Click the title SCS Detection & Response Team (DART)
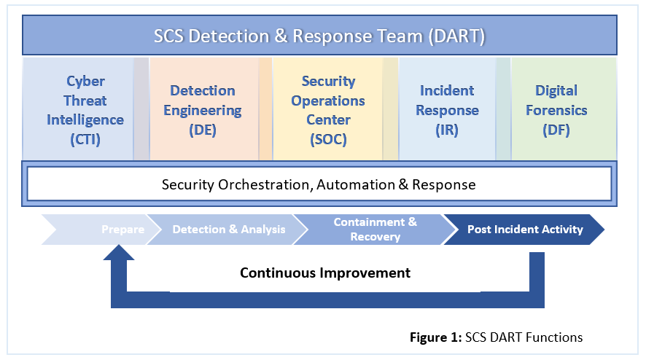[x=319, y=36]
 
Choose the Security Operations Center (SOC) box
[x=327, y=109]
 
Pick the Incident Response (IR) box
[x=447, y=109]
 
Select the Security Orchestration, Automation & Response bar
[x=319, y=184]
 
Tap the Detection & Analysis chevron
[x=228, y=229]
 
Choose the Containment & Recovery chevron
[x=375, y=229]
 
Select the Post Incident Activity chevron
[x=525, y=229]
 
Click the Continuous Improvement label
[x=325, y=273]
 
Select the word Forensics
[x=556, y=111]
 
